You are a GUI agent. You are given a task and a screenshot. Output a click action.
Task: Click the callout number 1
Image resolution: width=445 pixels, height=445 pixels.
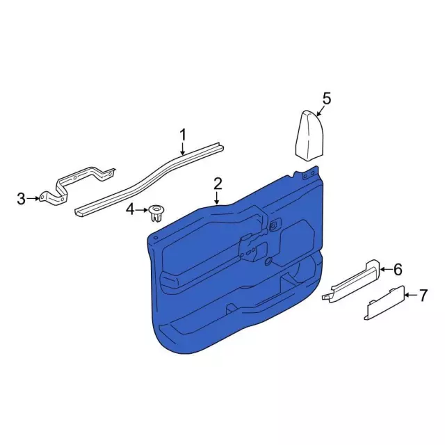coord(183,135)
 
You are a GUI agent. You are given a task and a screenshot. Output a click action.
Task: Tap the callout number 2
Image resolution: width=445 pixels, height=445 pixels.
coord(218,184)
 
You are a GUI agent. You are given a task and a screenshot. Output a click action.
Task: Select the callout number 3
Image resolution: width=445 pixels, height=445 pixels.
coord(22,199)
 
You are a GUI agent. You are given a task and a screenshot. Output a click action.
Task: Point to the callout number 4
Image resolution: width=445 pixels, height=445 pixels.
coord(130,210)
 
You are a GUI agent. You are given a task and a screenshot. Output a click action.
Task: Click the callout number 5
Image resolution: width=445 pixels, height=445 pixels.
coord(327,99)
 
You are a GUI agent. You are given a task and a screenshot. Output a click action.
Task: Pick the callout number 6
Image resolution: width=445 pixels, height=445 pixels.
coord(398,269)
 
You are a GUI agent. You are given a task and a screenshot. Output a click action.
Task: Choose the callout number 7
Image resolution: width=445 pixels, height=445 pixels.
coord(423,296)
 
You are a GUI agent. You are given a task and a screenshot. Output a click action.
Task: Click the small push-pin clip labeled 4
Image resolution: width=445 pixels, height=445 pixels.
coord(156,213)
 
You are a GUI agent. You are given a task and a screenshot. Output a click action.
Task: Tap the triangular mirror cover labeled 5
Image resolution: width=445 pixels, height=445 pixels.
coord(309,136)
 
